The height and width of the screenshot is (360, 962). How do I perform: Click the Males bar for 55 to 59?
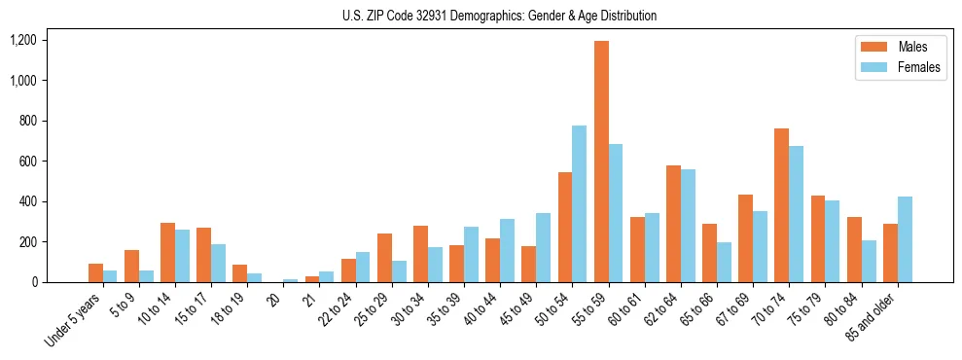602,162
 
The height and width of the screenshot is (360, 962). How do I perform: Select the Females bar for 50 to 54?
580,203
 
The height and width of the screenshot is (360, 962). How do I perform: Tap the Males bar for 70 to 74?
782,205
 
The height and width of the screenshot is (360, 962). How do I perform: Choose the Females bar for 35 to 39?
471,254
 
